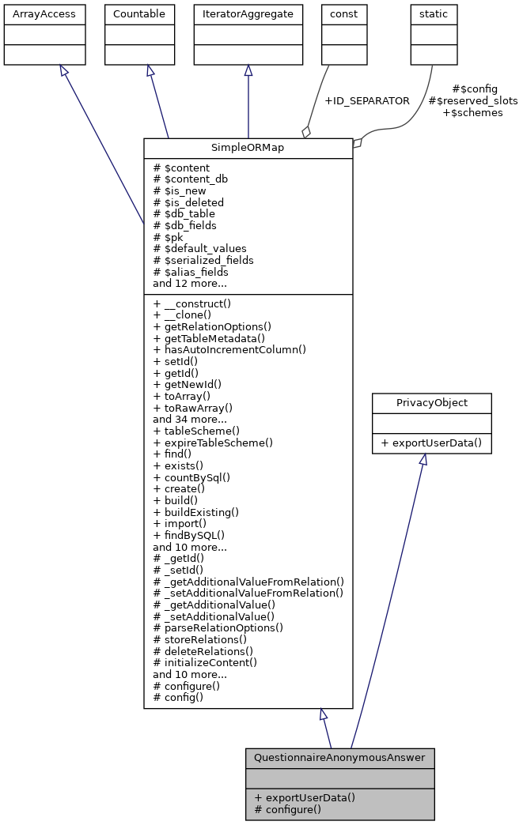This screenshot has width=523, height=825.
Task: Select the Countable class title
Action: pos(139,14)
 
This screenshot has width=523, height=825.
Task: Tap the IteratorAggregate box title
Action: pos(248,14)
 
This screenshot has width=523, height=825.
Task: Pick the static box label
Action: pos(434,14)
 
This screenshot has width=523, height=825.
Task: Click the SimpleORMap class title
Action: pos(248,149)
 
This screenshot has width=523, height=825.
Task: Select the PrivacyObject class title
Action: pos(432,403)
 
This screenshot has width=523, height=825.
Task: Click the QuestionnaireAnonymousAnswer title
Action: pos(339,758)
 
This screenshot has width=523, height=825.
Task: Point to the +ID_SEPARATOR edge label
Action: pos(367,101)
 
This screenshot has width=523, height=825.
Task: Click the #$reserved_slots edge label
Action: pos(472,101)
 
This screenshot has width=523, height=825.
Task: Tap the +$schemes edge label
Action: pos(472,113)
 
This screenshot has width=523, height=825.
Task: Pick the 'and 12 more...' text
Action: pos(190,283)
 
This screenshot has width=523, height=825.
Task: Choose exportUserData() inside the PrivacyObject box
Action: pos(432,443)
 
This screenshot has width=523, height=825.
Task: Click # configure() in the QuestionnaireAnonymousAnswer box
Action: pos(288,809)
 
